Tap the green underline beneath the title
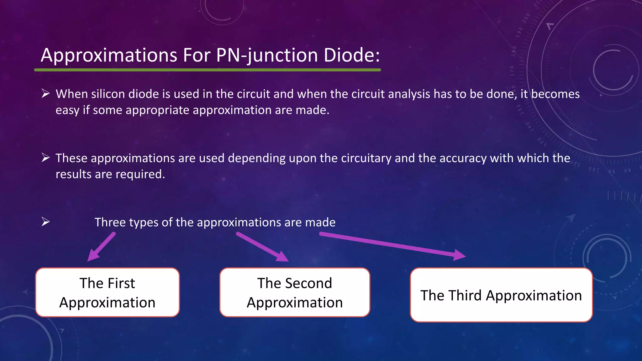click(x=207, y=70)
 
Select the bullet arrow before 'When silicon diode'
click(x=46, y=93)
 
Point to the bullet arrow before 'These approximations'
click(x=46, y=158)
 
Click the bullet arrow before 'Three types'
click(x=46, y=222)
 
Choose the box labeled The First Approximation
click(x=107, y=292)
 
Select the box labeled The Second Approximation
click(x=295, y=292)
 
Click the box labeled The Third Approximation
click(x=501, y=295)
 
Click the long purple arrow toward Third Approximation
click(x=392, y=245)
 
